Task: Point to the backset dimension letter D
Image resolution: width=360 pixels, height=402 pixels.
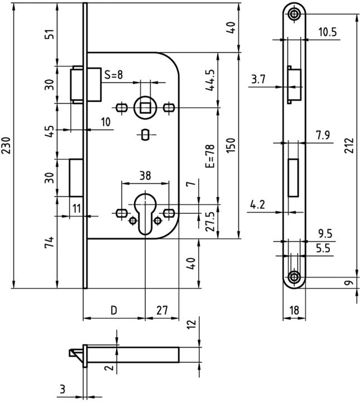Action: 114,309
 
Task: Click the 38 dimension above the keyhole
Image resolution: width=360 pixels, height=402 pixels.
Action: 145,175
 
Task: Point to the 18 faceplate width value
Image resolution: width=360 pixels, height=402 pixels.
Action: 294,309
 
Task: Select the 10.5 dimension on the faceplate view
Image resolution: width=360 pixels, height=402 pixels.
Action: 327,32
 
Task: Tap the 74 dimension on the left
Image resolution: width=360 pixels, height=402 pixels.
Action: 50,242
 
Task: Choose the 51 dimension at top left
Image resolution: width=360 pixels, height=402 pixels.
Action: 50,34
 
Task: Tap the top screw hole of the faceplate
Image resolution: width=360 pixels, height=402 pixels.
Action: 294,14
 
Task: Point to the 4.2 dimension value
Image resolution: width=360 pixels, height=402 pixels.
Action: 257,205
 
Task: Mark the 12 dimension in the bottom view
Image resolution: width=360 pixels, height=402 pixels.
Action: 190,324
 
